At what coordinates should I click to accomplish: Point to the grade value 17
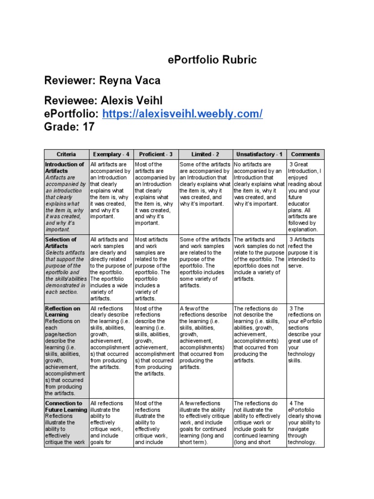tap(88, 127)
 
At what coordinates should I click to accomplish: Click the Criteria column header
tap(66, 154)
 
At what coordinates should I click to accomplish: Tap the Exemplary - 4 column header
tap(111, 154)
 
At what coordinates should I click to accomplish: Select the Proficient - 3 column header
tap(155, 154)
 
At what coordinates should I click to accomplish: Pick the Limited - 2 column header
tap(205, 154)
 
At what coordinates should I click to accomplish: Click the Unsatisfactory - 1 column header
tap(259, 154)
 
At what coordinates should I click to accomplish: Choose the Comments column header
tap(305, 154)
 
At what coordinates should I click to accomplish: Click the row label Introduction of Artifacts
tap(64, 168)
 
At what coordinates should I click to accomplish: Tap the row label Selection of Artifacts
tap(61, 243)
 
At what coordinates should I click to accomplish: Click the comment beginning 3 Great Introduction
tap(305, 197)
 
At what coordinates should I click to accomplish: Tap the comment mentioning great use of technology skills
tap(304, 334)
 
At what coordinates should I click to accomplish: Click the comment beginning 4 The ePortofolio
tap(304, 422)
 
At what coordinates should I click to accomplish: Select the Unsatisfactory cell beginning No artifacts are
tap(259, 184)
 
